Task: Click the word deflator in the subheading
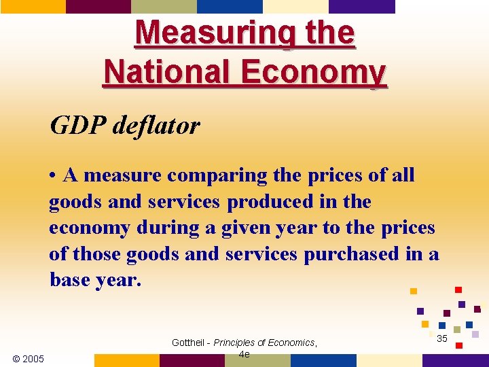coord(160,125)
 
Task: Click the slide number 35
coord(441,338)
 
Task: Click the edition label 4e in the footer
coord(244,354)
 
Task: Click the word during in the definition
coord(161,228)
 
